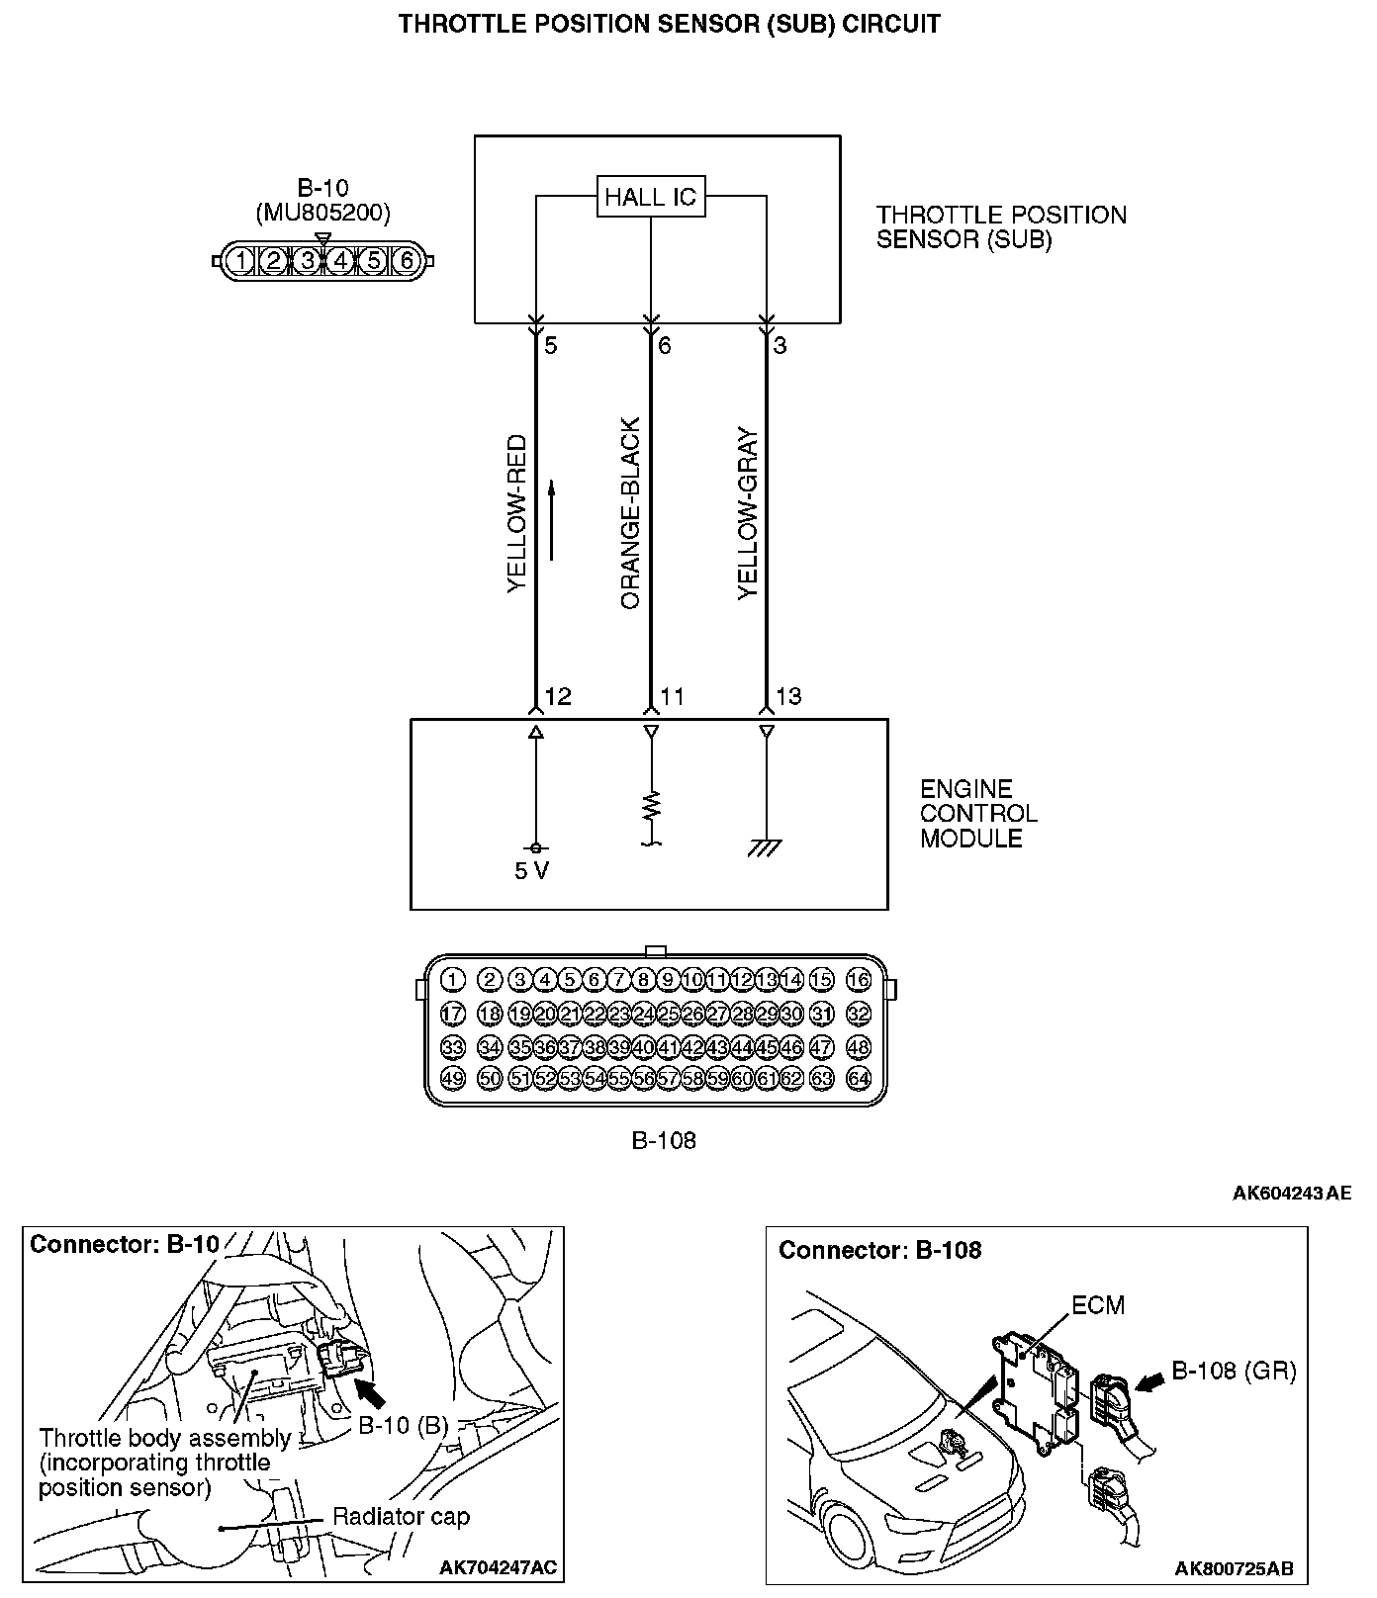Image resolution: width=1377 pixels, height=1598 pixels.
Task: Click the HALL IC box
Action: click(650, 196)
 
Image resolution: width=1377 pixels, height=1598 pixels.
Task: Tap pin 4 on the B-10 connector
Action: click(340, 261)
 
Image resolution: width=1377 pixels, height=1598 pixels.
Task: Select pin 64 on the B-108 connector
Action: click(859, 1078)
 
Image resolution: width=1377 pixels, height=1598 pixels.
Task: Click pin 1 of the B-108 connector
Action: click(452, 980)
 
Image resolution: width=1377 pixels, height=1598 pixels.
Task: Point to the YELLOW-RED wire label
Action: click(517, 514)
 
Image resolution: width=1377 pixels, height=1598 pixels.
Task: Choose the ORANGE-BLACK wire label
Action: click(631, 514)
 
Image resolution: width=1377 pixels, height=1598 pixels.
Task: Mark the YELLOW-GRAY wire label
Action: click(748, 514)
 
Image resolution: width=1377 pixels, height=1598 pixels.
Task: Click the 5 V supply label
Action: click(531, 871)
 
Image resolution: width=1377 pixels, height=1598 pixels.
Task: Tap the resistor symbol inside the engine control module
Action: click(651, 806)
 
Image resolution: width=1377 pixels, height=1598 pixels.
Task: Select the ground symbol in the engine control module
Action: click(765, 846)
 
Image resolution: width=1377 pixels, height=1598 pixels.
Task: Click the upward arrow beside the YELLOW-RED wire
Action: click(551, 520)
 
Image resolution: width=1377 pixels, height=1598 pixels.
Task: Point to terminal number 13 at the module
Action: click(788, 696)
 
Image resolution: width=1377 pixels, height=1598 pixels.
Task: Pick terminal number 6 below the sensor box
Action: click(665, 345)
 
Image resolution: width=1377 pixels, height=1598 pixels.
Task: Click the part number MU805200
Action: click(322, 212)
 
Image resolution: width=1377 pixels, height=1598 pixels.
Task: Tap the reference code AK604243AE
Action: click(1291, 1193)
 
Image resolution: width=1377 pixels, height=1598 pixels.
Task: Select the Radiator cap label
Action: click(401, 1516)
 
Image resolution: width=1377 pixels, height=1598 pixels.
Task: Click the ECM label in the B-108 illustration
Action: click(1098, 1305)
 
